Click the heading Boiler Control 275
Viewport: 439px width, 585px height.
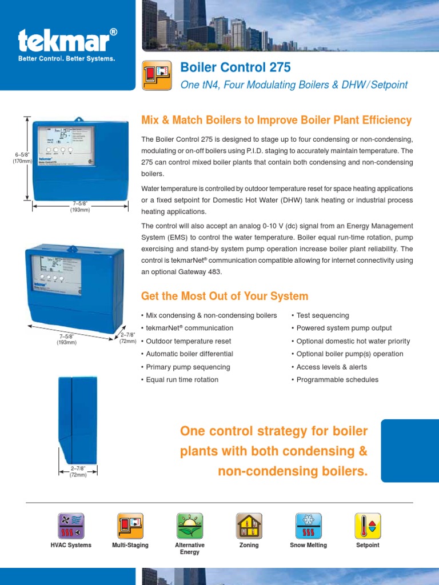235,67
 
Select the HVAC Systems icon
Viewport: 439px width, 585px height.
71,526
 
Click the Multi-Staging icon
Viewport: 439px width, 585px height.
130,526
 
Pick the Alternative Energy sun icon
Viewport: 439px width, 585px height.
190,526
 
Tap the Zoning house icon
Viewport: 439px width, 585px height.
249,526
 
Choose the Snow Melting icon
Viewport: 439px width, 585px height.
309,526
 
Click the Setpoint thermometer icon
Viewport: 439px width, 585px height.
368,526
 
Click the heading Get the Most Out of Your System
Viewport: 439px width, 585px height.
224,296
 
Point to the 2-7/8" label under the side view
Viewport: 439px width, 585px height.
78,471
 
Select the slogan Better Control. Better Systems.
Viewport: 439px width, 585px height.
67,58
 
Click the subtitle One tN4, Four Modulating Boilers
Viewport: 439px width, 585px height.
294,85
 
